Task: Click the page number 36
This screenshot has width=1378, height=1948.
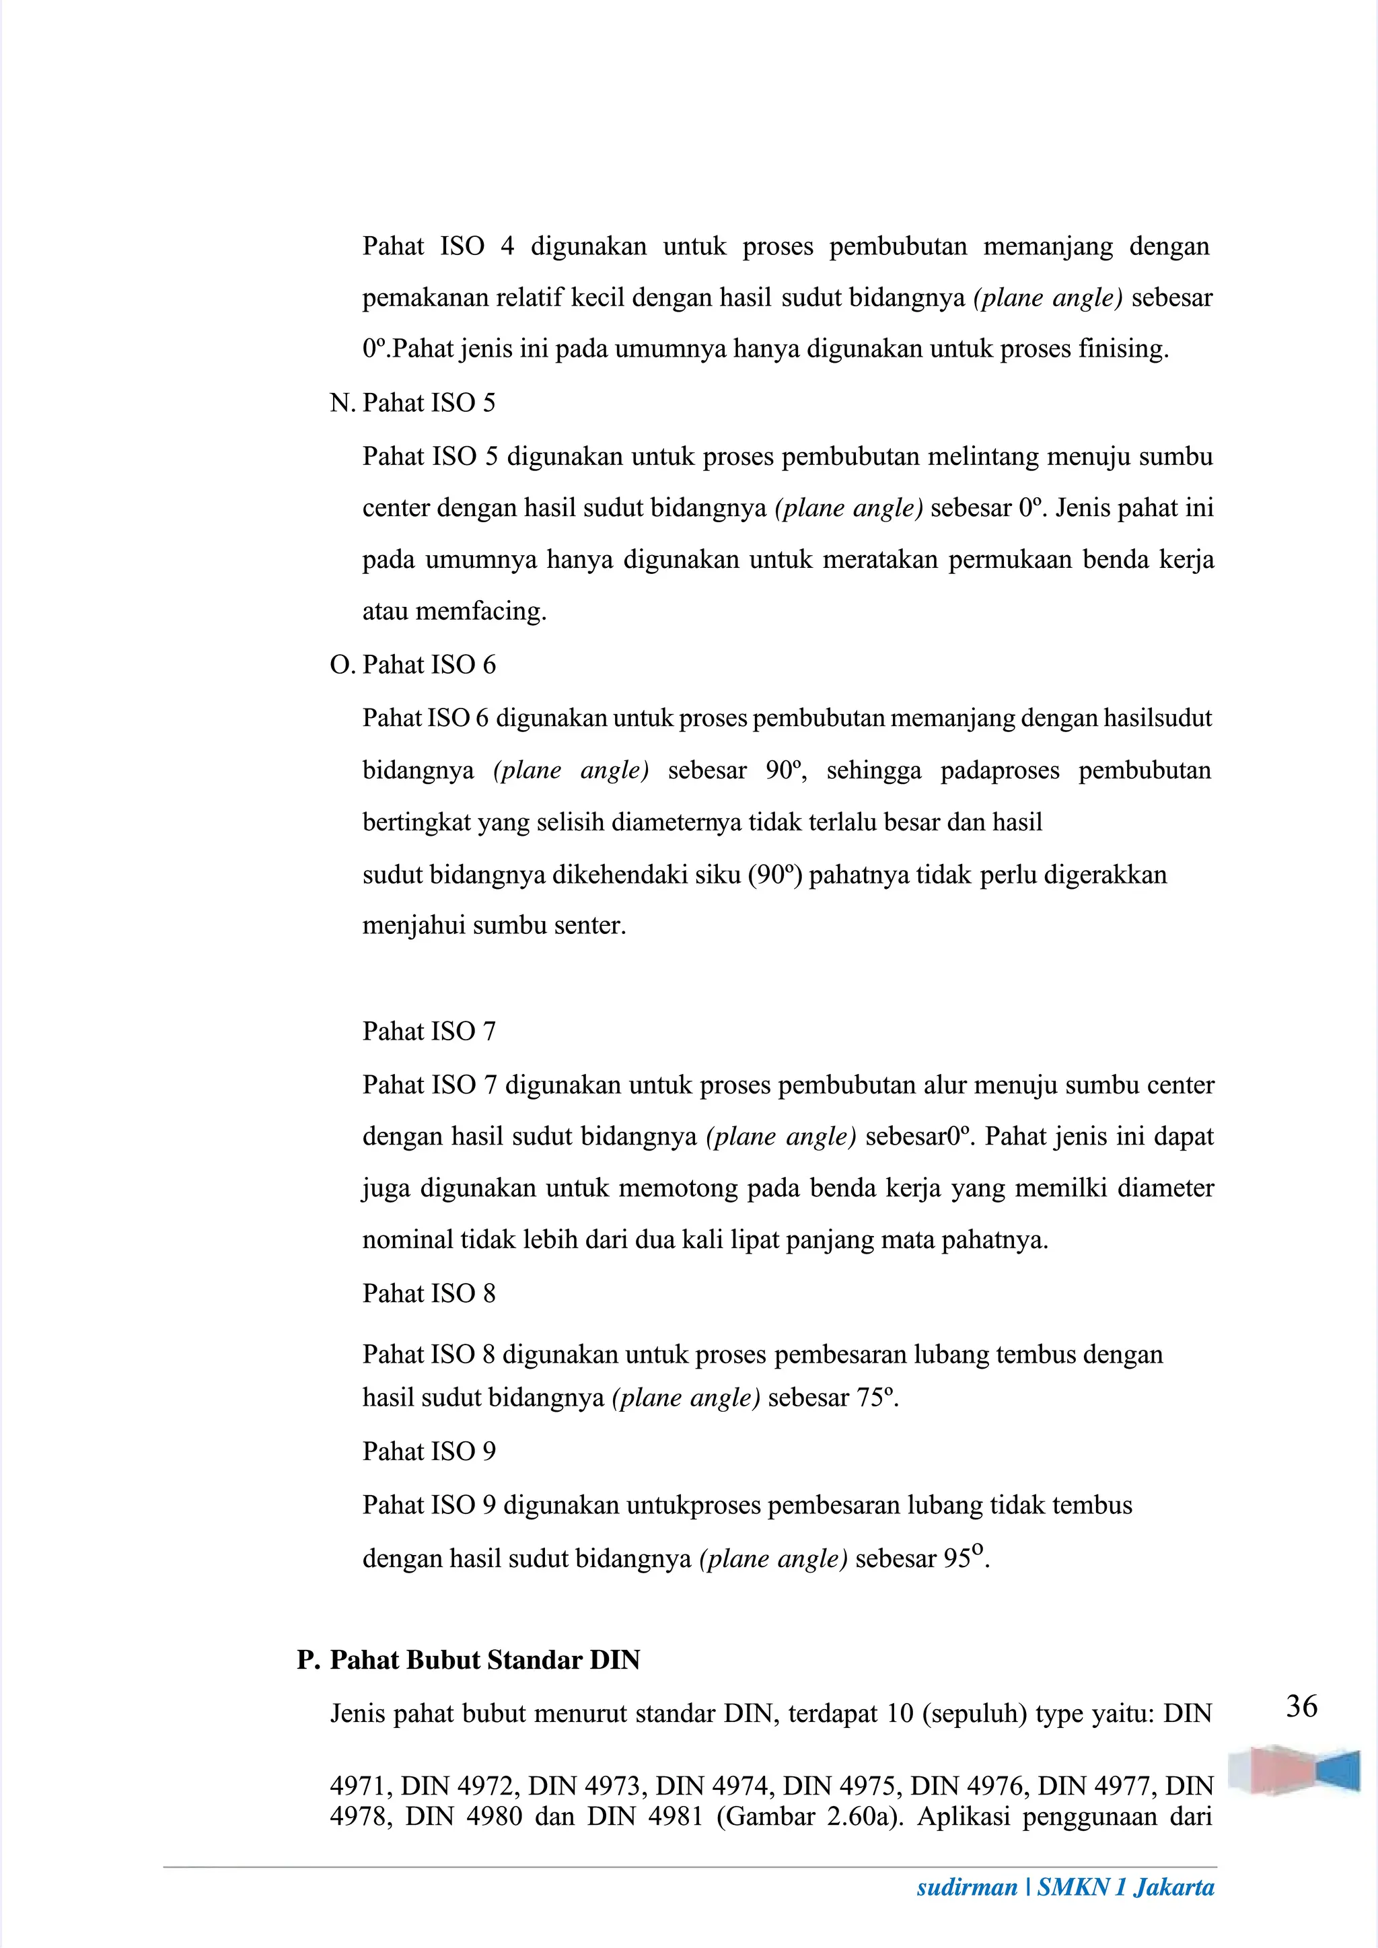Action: click(1302, 1706)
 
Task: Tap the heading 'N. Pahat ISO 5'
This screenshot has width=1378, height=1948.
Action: click(412, 402)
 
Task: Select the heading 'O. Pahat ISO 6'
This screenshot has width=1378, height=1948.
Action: click(412, 664)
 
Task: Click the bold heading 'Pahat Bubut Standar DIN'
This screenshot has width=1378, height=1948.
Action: click(484, 1659)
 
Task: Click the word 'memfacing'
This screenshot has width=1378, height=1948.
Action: click(480, 611)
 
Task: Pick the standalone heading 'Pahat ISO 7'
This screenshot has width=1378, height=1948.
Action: click(429, 1031)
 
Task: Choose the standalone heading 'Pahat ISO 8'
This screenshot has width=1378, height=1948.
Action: click(429, 1293)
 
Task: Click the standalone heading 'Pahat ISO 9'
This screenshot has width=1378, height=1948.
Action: click(429, 1451)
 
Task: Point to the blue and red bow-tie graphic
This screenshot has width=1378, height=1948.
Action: click(1295, 1770)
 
